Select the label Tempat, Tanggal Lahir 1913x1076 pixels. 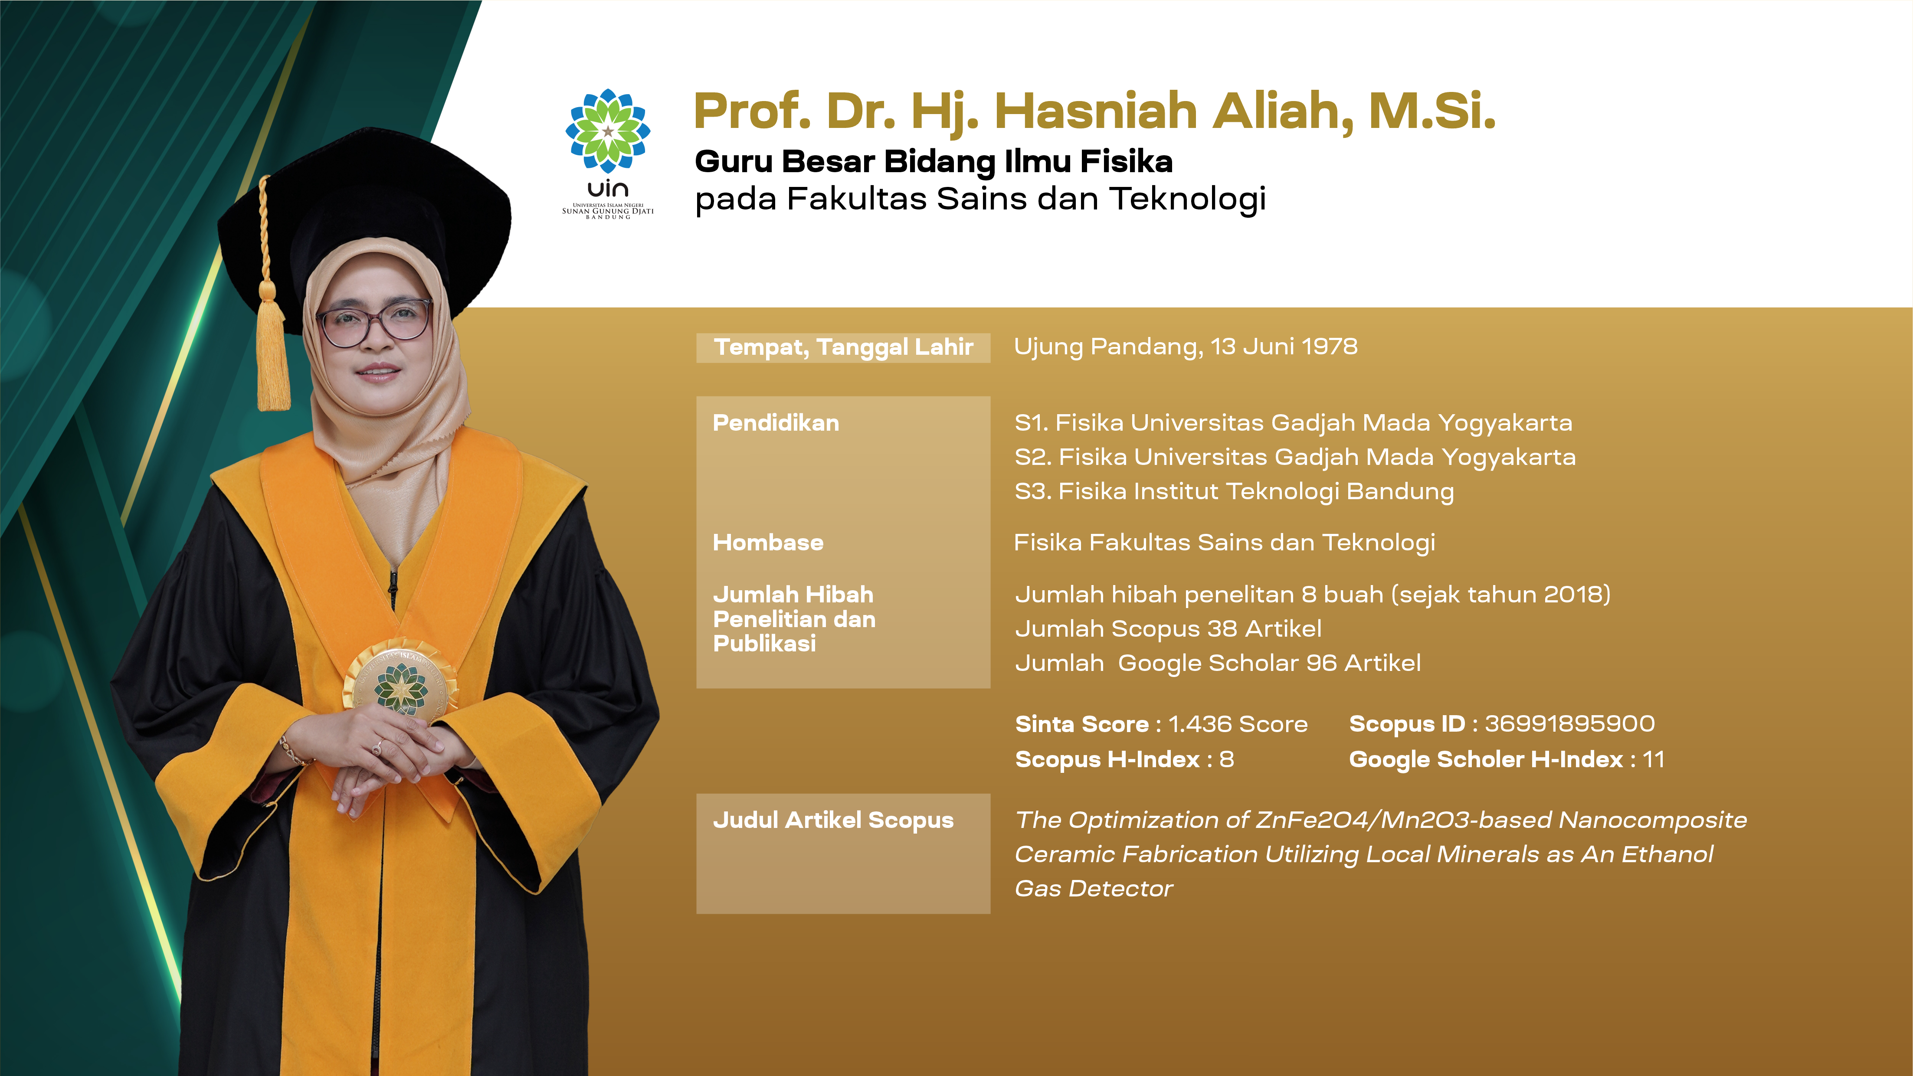point(844,347)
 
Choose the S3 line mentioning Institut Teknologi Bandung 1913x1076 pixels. point(1234,491)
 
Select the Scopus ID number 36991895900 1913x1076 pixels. point(1570,723)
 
